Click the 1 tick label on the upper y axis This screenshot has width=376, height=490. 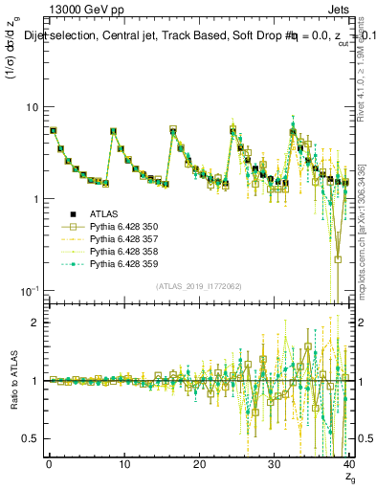point(35,199)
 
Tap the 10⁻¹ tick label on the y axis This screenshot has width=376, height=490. point(30,290)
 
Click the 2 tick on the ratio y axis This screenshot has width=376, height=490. point(35,323)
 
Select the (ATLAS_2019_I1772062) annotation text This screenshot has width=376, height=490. point(198,286)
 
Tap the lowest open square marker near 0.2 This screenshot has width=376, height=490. point(339,259)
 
